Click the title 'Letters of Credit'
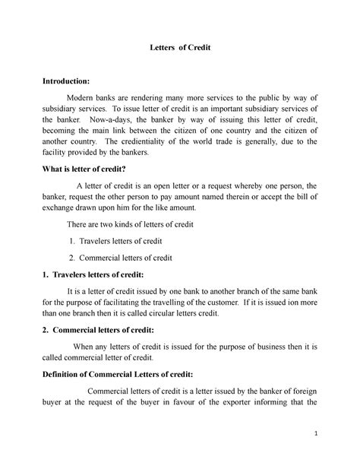pyautogui.click(x=179, y=48)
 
